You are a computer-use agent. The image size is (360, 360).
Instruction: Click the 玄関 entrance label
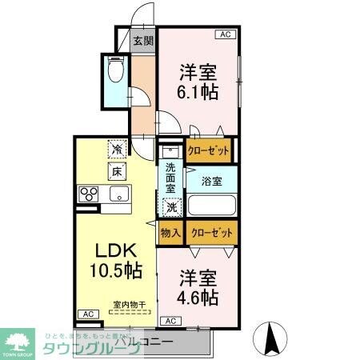tap(143, 42)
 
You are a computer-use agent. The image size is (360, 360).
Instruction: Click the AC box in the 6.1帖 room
tap(225, 34)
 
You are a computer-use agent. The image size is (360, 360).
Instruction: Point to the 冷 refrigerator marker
tap(117, 149)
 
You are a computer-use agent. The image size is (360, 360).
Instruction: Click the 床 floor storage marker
tap(117, 170)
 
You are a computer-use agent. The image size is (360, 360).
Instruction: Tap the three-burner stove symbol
tap(88, 194)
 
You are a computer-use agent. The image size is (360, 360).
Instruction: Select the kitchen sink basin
tap(120, 194)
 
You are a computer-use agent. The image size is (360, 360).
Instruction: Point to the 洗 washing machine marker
tap(171, 206)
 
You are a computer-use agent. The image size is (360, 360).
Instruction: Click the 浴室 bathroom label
tap(212, 181)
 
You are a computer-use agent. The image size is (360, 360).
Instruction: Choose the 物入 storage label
tap(170, 233)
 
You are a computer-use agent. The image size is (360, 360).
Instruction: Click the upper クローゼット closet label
tap(209, 149)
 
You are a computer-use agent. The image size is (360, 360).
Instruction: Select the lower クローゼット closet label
tap(212, 233)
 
